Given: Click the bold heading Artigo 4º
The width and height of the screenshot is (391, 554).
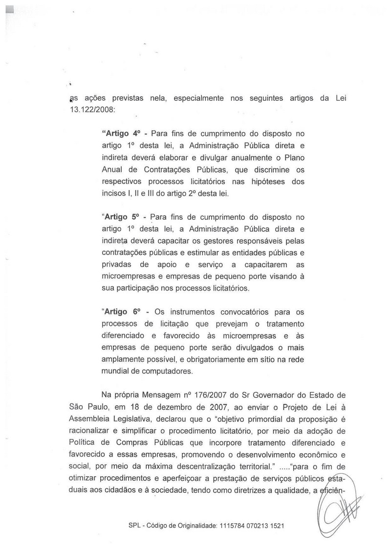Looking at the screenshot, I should pos(122,134).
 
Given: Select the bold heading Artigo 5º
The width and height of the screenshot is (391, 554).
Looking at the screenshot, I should pos(122,216).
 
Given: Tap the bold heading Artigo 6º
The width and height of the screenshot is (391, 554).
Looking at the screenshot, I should pos(122,311).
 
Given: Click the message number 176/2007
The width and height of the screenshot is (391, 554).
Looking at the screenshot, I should pos(184,394).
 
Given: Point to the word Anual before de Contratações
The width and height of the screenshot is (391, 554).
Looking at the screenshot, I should pos(112,169).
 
